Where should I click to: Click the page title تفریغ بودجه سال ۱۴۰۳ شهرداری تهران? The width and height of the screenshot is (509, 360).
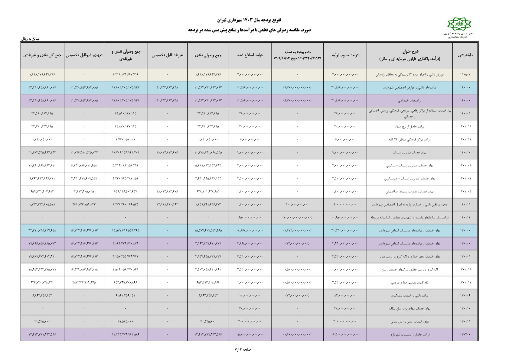(x=249, y=20)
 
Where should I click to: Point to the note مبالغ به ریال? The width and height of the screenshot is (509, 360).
(x=30, y=39)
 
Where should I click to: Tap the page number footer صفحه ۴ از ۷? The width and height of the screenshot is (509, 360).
(x=243, y=349)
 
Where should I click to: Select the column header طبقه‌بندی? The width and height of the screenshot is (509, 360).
(x=465, y=55)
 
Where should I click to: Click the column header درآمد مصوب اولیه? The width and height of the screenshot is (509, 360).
(x=345, y=55)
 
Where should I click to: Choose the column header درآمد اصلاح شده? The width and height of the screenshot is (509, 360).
(x=250, y=55)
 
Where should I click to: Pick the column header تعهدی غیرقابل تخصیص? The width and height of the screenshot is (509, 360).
(x=84, y=55)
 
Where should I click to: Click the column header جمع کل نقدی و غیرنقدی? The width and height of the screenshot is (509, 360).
(x=42, y=55)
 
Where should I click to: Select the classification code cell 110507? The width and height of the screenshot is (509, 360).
(x=465, y=74)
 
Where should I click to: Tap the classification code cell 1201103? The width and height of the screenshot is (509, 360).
(x=465, y=191)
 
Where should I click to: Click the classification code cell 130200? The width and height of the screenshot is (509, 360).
(x=465, y=335)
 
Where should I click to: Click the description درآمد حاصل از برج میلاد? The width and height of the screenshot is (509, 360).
(x=409, y=126)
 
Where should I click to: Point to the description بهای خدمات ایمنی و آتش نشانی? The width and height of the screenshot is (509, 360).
(x=409, y=322)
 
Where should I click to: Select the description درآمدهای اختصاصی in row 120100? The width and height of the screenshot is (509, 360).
(x=409, y=100)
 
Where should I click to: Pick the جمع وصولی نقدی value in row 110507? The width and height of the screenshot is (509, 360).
(x=208, y=74)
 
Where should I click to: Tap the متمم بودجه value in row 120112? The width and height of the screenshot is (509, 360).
(x=297, y=218)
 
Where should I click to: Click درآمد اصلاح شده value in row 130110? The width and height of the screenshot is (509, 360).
(x=250, y=309)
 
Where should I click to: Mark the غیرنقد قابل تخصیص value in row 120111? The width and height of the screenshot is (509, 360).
(x=167, y=205)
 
